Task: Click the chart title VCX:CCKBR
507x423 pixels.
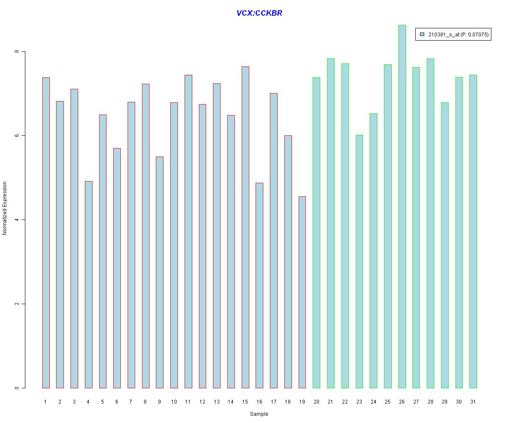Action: pos(259,13)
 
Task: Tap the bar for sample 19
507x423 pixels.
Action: pos(302,292)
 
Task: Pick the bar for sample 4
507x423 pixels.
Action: pos(88,284)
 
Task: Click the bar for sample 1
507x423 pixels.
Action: pos(46,233)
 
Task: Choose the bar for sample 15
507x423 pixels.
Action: pos(245,227)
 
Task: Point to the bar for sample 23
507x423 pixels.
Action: pos(359,261)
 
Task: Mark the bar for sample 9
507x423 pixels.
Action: pos(160,272)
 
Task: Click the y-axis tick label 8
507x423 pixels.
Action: pos(17,52)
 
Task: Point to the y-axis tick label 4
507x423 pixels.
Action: pos(17,220)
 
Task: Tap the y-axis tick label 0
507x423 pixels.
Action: pos(17,388)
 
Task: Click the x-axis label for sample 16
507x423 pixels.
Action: pos(259,401)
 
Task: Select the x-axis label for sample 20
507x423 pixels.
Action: pos(316,401)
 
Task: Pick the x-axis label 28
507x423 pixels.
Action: pos(430,401)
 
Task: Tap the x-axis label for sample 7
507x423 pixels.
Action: pos(131,401)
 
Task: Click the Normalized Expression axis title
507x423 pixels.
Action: pos(5,208)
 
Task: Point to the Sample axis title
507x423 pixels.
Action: pos(259,414)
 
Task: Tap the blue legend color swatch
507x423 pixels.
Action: pos(422,34)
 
